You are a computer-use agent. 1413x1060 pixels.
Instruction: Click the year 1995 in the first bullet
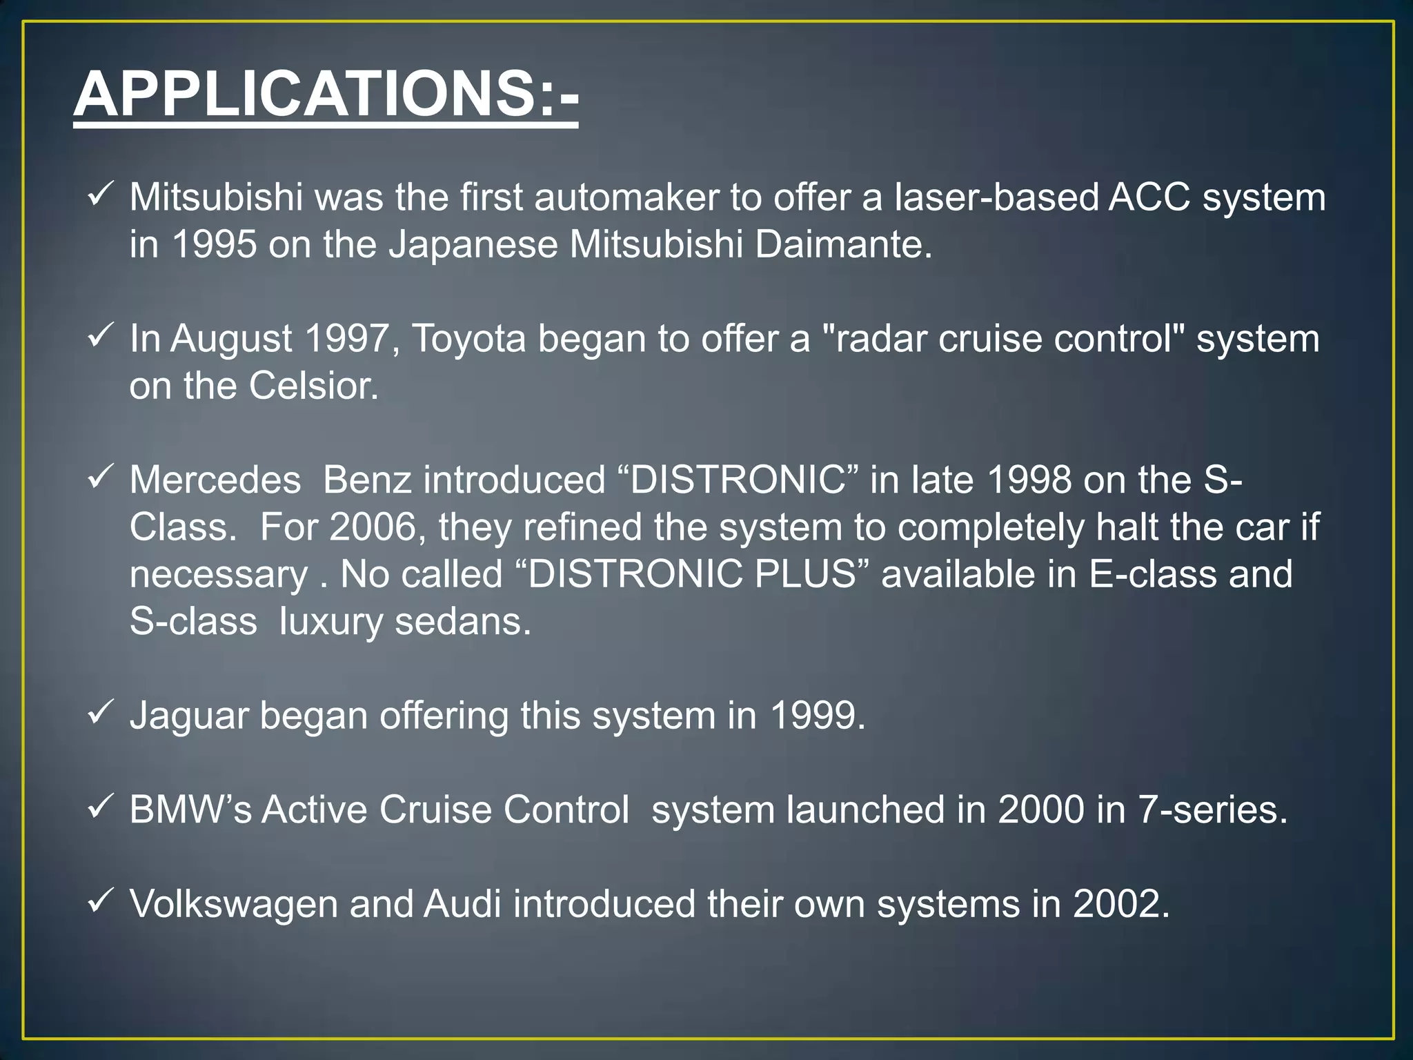(x=214, y=244)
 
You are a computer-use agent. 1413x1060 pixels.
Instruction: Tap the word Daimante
(x=842, y=244)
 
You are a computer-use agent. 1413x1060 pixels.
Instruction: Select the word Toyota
(x=468, y=339)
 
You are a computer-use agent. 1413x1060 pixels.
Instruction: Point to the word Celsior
(x=313, y=386)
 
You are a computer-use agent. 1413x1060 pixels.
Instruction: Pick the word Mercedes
(x=215, y=480)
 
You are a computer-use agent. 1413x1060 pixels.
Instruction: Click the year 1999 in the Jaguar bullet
(x=816, y=716)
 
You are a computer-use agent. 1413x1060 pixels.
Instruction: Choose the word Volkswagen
(x=233, y=905)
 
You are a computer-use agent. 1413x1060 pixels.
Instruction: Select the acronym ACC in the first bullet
(x=1149, y=197)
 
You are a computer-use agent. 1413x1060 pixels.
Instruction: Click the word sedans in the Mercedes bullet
(x=463, y=622)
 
